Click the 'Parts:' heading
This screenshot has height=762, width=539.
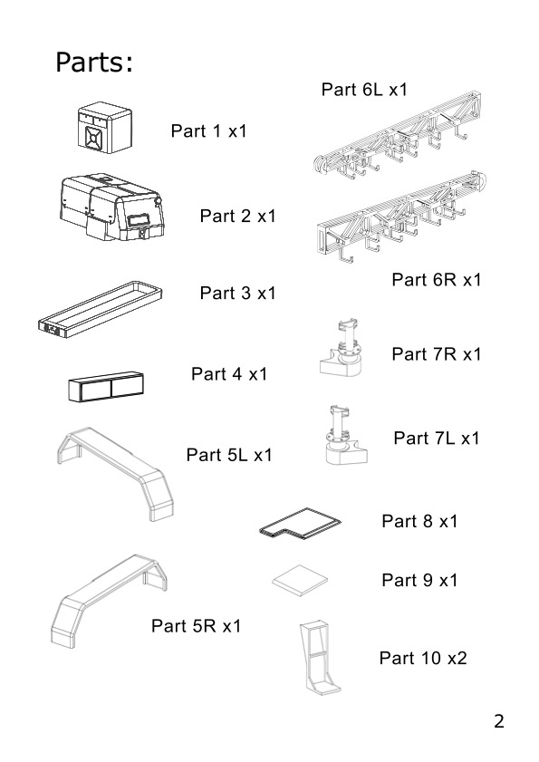point(94,63)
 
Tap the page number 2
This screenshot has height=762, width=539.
point(498,721)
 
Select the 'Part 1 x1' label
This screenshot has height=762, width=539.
point(209,130)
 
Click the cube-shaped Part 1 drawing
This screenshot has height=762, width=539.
point(104,128)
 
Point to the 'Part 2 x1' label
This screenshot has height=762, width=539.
point(237,216)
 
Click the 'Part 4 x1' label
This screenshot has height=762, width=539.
point(229,373)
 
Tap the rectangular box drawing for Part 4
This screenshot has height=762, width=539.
point(106,387)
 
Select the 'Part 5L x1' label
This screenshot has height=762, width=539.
point(229,455)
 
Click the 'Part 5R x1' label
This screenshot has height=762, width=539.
point(196,626)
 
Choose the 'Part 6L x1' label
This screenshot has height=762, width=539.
point(364,90)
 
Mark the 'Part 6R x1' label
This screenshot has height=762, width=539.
point(437,279)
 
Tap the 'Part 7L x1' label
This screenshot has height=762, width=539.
point(437,439)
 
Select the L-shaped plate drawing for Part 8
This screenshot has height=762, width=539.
point(300,524)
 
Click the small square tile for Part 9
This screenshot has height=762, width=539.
point(299,581)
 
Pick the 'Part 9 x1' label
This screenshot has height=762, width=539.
point(419,580)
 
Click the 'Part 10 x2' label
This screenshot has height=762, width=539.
point(423,658)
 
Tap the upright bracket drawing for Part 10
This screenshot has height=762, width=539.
point(319,657)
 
